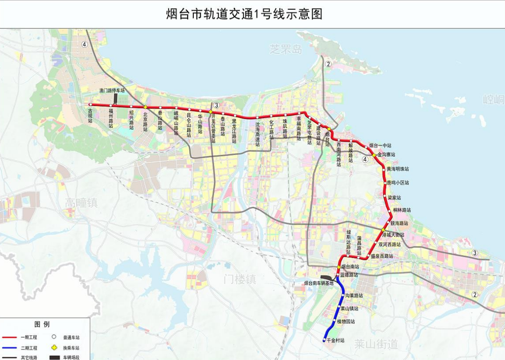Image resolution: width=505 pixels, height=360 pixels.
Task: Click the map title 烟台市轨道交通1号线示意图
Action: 244,14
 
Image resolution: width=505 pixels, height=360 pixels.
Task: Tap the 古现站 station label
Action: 90,115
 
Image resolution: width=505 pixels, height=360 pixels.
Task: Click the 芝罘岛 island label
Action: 285,49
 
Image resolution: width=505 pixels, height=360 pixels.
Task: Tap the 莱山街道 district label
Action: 376,344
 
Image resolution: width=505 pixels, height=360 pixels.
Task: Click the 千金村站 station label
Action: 335,340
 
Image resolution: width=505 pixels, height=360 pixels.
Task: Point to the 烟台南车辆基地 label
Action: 319,283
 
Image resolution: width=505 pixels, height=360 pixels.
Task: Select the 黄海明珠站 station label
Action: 398,169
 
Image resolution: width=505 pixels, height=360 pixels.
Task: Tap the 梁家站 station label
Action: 394,197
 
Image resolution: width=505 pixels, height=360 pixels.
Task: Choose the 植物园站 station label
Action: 346,321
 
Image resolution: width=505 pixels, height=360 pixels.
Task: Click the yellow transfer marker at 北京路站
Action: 146,107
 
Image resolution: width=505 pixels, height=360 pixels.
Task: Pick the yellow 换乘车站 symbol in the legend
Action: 54,348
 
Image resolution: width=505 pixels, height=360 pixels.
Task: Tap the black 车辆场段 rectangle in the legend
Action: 54,357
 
